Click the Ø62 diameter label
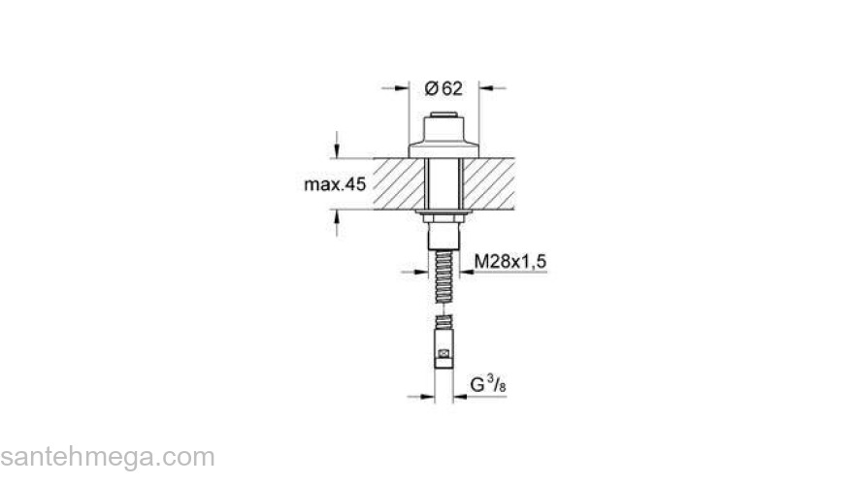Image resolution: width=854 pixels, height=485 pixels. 444,88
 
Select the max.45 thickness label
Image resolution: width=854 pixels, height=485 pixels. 335,184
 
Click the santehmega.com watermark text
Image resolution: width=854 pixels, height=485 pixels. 107,456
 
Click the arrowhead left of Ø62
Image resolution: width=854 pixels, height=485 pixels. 400,88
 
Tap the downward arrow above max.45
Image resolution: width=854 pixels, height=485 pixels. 337,151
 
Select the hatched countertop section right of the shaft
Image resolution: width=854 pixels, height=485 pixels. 499,183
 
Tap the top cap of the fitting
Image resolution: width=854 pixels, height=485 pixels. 444,121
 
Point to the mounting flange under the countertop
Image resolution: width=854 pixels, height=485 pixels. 444,211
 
